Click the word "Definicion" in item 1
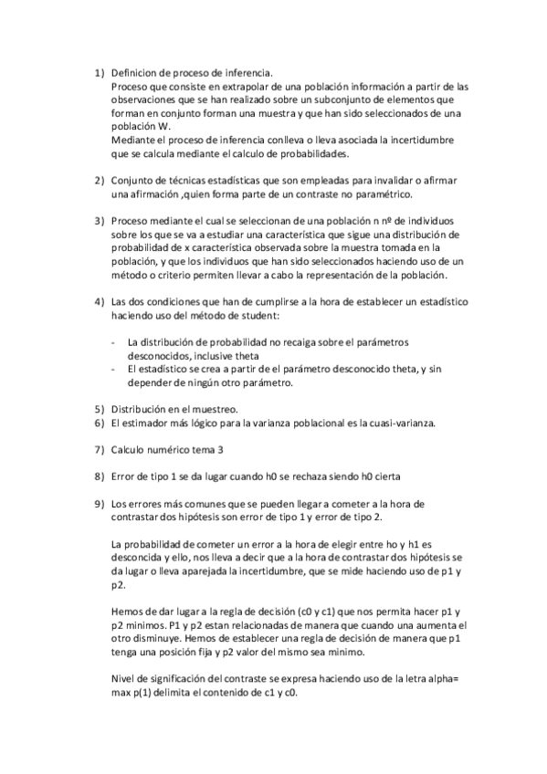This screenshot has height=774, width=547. point(135,72)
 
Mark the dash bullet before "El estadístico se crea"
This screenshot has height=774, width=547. point(113,369)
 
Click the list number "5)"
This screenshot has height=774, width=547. point(100,409)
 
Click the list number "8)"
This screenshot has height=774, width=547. point(100,476)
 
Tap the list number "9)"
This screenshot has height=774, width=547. point(100,503)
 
